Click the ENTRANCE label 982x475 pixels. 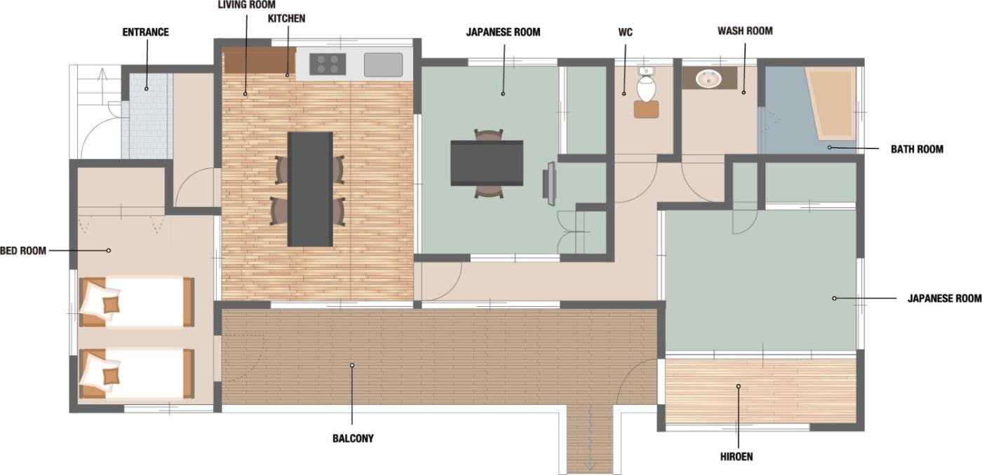click(x=146, y=32)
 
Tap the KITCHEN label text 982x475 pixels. click(x=287, y=18)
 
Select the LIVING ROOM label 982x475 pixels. click(x=247, y=5)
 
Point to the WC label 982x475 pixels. click(x=626, y=32)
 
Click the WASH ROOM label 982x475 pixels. click(x=745, y=31)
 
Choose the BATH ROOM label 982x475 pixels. click(x=917, y=149)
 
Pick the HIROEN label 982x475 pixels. click(x=737, y=457)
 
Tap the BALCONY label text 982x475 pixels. click(x=353, y=439)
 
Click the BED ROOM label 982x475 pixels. click(x=23, y=251)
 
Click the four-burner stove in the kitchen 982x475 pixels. click(x=328, y=64)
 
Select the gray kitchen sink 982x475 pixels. click(x=383, y=64)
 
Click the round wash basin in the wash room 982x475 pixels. click(x=708, y=78)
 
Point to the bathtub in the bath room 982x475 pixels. click(x=830, y=103)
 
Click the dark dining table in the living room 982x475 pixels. click(x=310, y=189)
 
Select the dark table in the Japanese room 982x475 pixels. click(x=487, y=163)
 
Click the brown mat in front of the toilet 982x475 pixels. click(x=647, y=109)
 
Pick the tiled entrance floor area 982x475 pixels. click(x=147, y=116)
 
